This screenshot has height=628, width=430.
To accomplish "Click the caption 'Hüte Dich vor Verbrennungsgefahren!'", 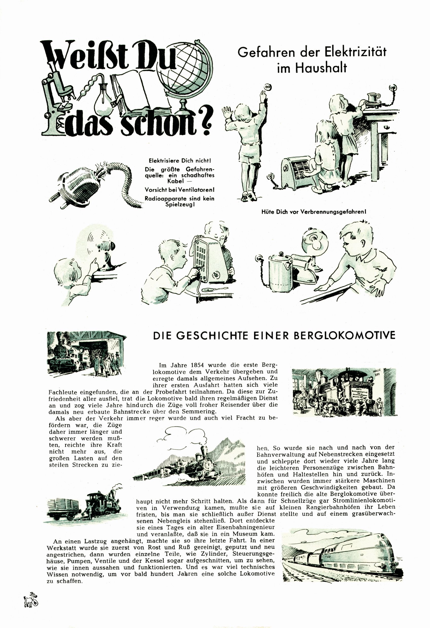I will click(x=314, y=212).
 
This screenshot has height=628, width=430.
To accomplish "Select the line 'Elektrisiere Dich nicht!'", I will click(x=180, y=161).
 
